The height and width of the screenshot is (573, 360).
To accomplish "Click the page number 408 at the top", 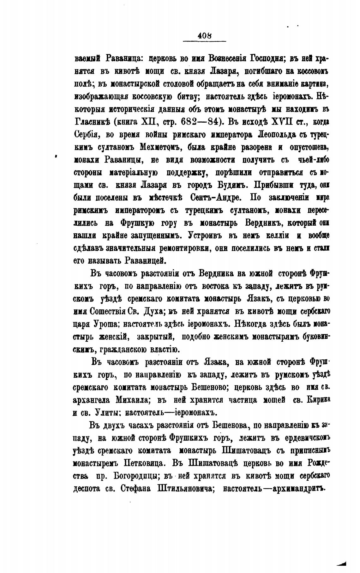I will pyautogui.click(x=204, y=36).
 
